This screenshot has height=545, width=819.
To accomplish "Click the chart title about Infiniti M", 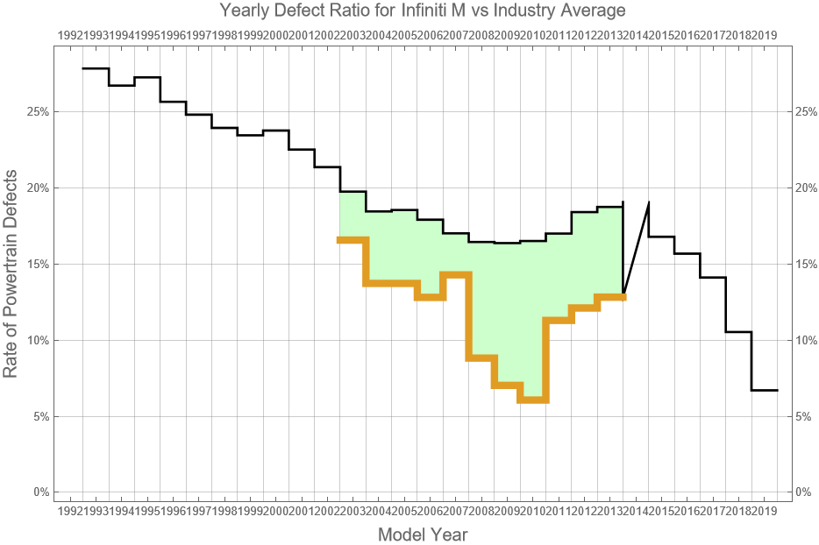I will [423, 11].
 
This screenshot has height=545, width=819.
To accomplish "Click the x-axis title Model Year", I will [423, 534].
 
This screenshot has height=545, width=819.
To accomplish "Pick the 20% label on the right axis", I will [806, 188].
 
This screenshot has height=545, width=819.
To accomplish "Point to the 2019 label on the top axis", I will [765, 35].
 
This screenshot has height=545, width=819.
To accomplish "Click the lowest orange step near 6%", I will [532, 400].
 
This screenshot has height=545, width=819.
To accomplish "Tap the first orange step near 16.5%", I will [353, 239].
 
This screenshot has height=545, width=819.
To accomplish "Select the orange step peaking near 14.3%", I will [456, 274].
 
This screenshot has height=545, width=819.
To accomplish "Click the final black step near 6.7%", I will [764, 390].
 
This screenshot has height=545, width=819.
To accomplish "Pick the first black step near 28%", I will [96, 68].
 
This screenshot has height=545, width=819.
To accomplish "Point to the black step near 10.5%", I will [738, 332].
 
